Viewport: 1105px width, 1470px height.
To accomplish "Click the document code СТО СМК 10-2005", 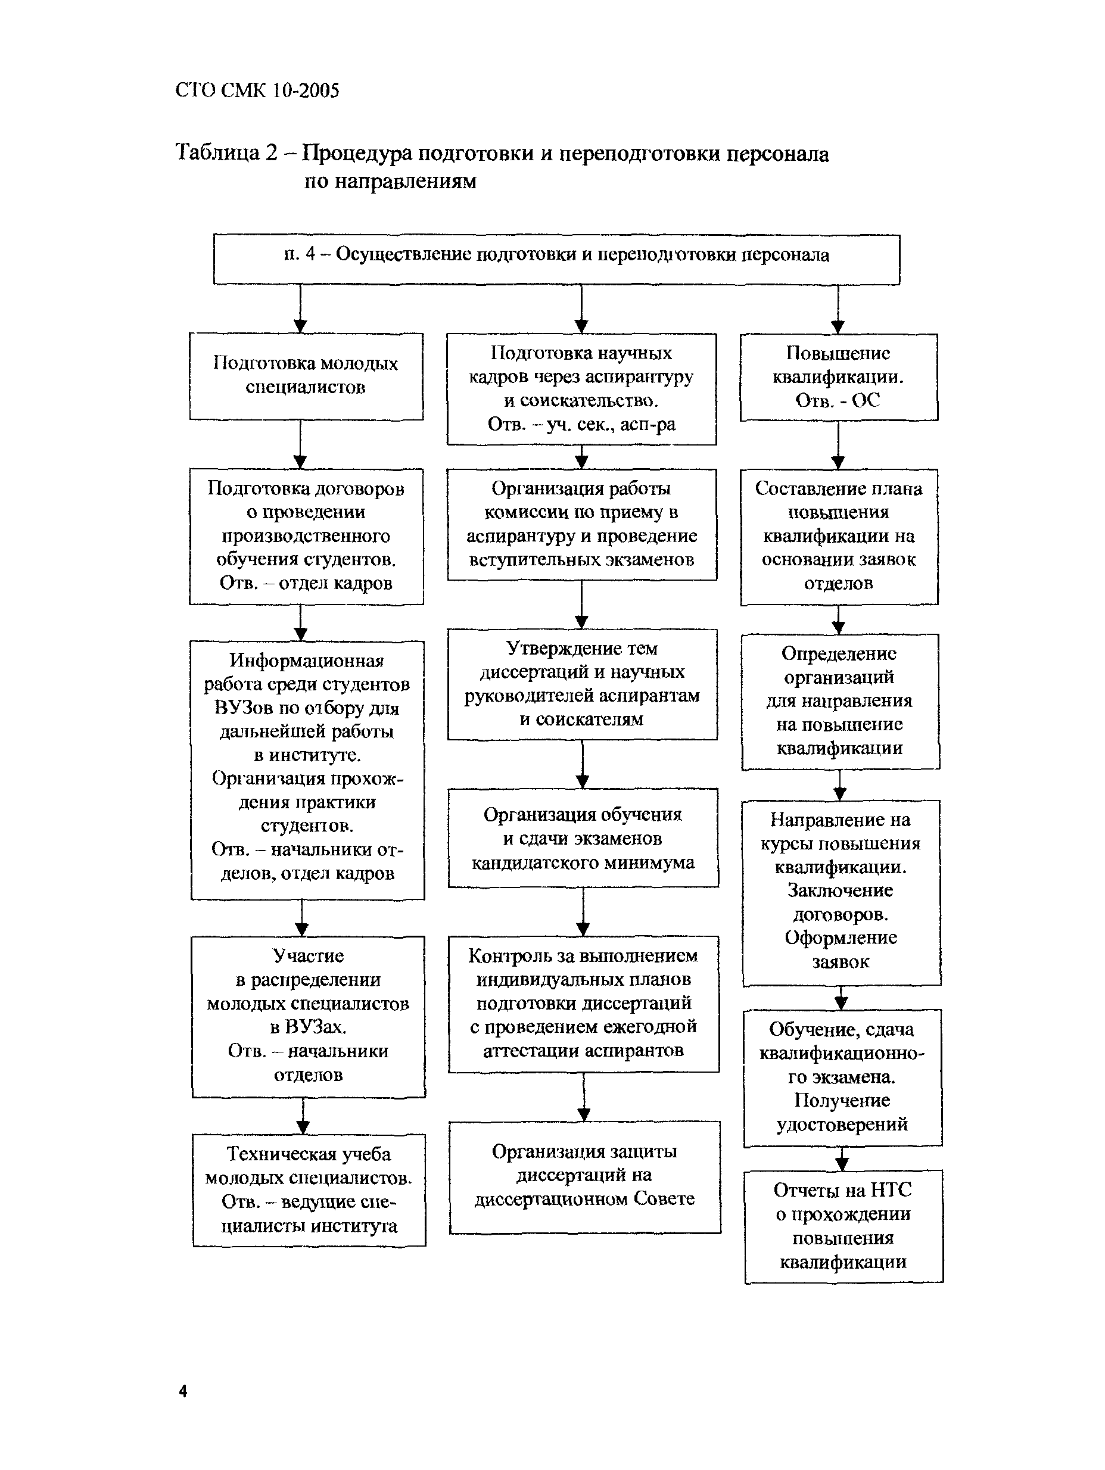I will (257, 91).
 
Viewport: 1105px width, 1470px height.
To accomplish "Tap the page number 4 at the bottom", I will (183, 1391).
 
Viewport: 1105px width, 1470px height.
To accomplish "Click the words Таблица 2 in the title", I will (226, 153).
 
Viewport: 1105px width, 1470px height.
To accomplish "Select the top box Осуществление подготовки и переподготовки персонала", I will (556, 259).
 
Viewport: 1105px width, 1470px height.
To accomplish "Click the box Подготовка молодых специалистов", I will (306, 376).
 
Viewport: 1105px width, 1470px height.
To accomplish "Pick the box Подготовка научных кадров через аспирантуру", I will (581, 389).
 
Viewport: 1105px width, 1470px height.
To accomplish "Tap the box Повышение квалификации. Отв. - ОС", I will (839, 377).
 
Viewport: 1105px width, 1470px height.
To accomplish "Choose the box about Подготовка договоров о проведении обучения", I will (306, 536).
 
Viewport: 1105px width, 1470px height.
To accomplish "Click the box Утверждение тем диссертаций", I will (582, 684).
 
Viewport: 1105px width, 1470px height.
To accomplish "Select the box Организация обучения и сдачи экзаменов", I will (583, 837).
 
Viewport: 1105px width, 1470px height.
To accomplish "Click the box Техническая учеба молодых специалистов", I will (309, 1189).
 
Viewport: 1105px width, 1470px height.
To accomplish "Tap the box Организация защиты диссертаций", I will (585, 1176).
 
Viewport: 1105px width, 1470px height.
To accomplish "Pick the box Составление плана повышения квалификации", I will (839, 536).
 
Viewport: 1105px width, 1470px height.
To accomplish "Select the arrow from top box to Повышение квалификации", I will (838, 310).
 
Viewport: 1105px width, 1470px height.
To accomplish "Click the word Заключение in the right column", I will (841, 890).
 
